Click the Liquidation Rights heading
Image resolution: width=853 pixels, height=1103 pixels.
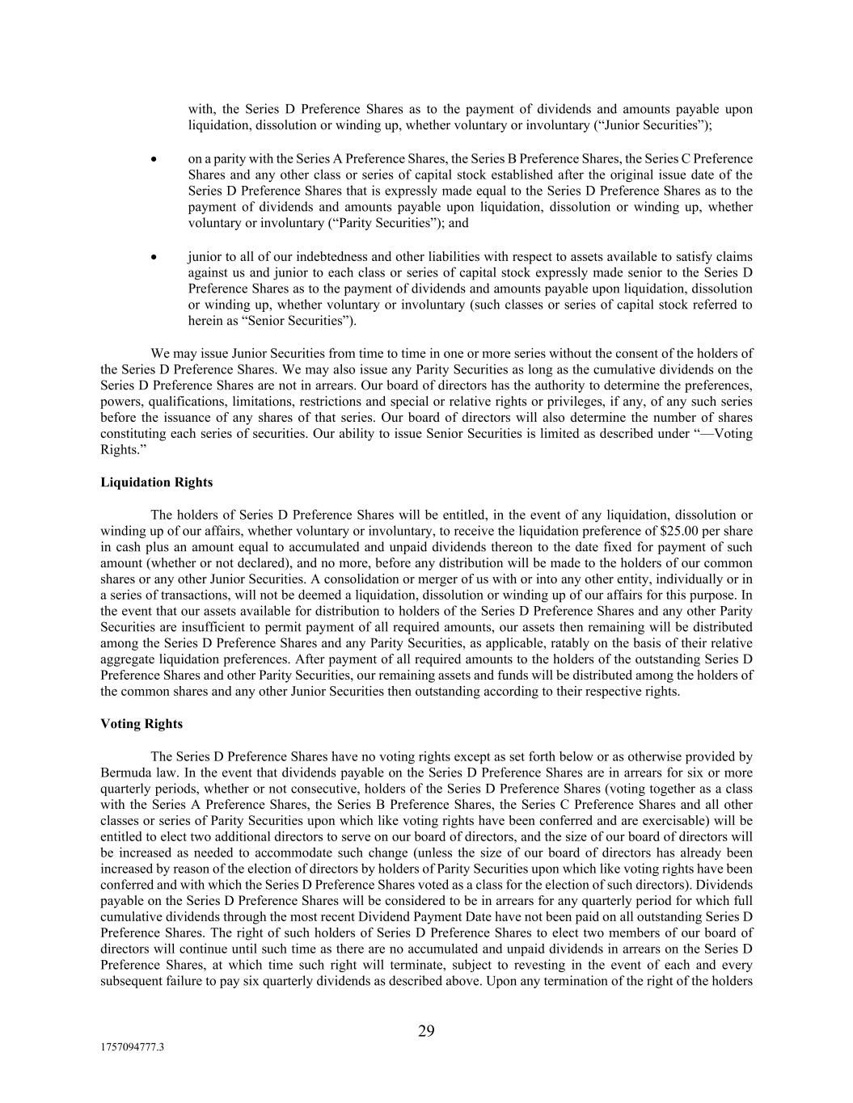click(x=156, y=482)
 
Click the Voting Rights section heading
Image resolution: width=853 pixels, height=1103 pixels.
click(x=141, y=724)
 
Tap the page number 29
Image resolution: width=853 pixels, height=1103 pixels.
click(x=426, y=1030)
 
